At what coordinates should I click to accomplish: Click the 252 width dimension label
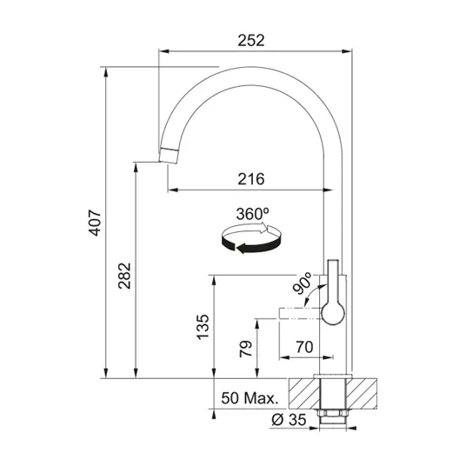pyautogui.click(x=251, y=40)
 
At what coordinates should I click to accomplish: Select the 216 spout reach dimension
pyautogui.click(x=251, y=179)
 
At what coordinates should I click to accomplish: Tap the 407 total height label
pyautogui.click(x=95, y=223)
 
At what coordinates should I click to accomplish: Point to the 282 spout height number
pyautogui.click(x=124, y=276)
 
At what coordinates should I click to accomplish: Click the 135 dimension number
pyautogui.click(x=203, y=327)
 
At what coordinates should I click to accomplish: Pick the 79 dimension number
pyautogui.click(x=246, y=349)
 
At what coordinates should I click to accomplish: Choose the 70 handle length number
pyautogui.click(x=304, y=347)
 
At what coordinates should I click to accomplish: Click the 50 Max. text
pyautogui.click(x=250, y=397)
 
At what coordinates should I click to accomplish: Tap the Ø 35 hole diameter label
pyautogui.click(x=289, y=419)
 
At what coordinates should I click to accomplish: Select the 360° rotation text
pyautogui.click(x=253, y=214)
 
